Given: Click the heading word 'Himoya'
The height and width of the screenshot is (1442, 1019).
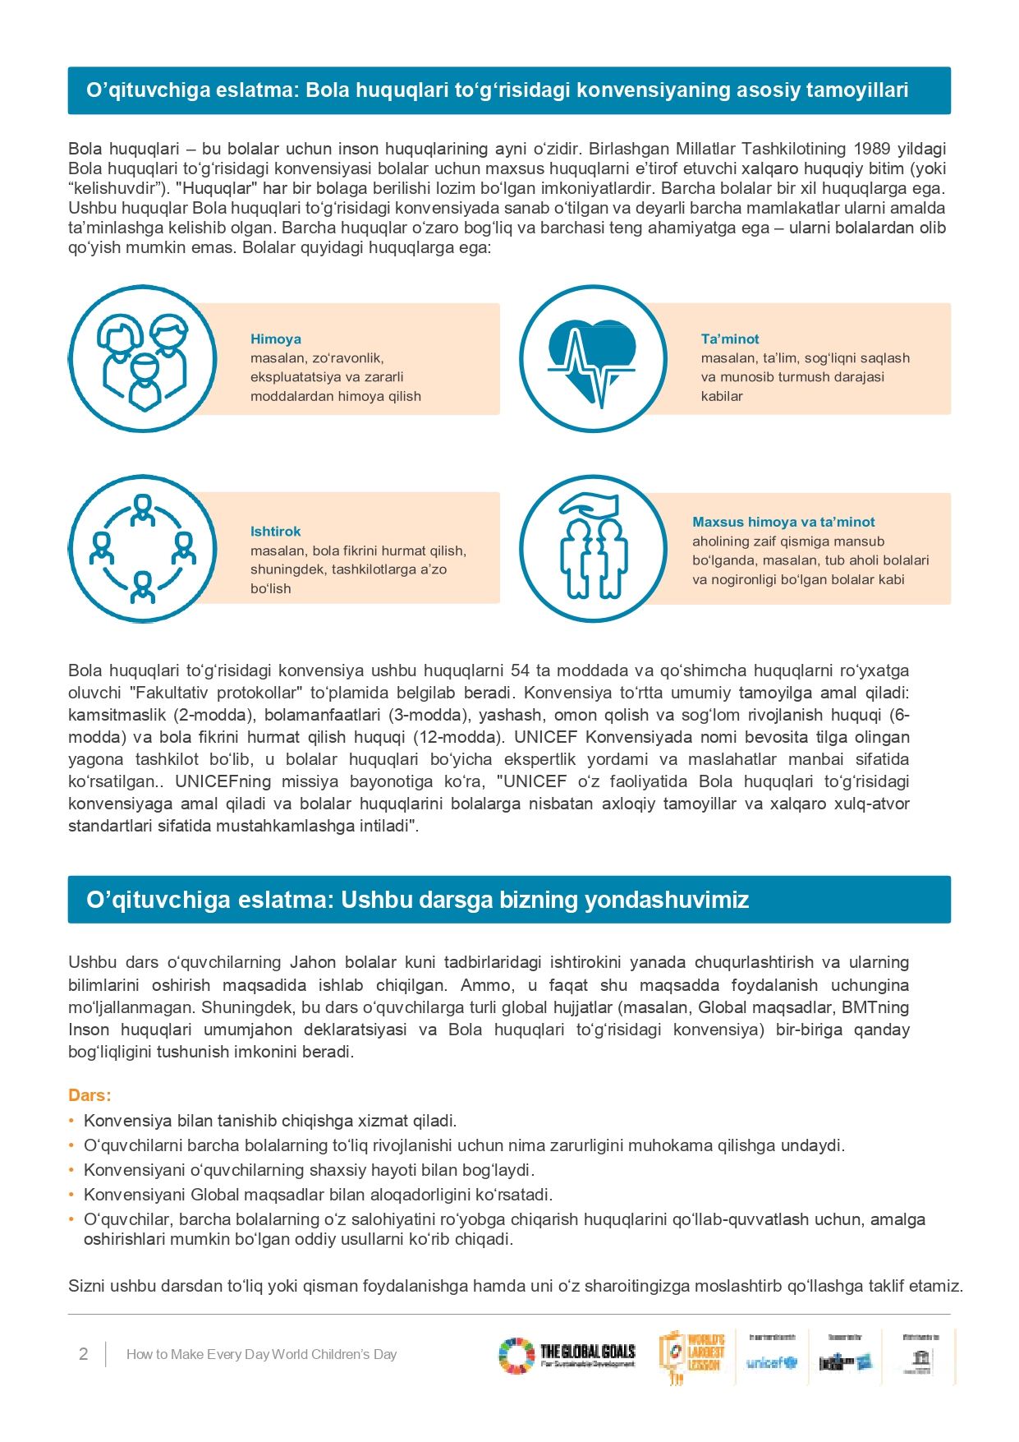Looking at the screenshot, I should [x=275, y=339].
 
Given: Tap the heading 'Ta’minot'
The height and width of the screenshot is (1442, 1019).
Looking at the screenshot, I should [x=729, y=339].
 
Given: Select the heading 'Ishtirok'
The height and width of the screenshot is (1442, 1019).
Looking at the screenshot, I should [x=275, y=532].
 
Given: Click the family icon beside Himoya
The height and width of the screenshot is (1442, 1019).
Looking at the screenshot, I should [x=142, y=359].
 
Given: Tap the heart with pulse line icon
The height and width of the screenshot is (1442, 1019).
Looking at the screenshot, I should [x=592, y=359].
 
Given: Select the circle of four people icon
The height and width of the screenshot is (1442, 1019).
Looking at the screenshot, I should [x=142, y=548].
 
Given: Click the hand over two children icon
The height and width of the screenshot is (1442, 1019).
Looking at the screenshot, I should [x=592, y=548].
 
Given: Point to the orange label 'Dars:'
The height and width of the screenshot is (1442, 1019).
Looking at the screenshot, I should [x=90, y=1095].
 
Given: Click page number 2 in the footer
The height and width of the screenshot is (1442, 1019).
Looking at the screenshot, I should [x=83, y=1354].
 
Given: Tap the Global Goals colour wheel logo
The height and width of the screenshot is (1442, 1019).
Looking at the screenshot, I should [x=516, y=1356].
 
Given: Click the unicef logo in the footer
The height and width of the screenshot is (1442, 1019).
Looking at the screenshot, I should [x=771, y=1362].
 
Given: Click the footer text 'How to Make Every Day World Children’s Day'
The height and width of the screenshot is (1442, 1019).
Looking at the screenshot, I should [x=261, y=1354].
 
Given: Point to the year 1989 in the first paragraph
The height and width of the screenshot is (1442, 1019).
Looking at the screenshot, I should [x=872, y=149].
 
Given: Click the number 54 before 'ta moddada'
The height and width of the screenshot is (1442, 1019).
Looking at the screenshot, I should [x=520, y=670].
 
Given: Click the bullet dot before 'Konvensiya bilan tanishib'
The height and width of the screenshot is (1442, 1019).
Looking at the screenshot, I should [x=71, y=1121].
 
